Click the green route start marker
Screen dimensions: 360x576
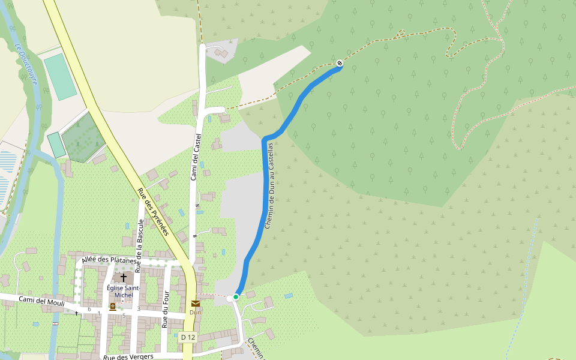(x=236, y=297)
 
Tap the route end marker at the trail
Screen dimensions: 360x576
(x=340, y=62)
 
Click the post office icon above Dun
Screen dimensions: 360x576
(x=195, y=304)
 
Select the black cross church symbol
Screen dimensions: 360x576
(x=124, y=278)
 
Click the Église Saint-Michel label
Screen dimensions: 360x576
(x=124, y=291)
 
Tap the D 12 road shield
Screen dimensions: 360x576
(x=188, y=337)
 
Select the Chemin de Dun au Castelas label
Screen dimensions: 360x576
(x=269, y=185)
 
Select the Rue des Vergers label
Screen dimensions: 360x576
(x=128, y=356)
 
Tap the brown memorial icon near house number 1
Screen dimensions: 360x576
(x=112, y=307)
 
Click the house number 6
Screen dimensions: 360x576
(x=89, y=309)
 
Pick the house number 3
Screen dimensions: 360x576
(x=139, y=309)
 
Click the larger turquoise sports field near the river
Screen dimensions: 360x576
(x=60, y=77)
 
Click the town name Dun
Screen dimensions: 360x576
(x=195, y=312)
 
